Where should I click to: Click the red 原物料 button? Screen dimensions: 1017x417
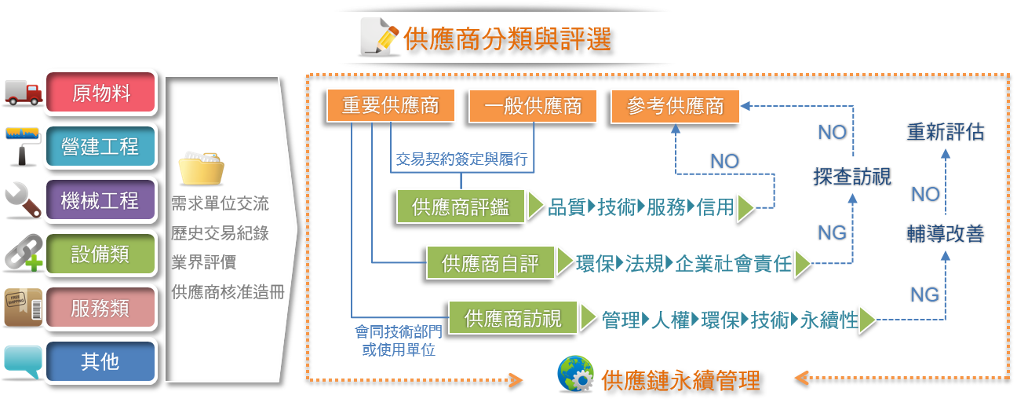[100, 93]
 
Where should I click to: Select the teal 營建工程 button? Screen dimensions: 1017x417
[100, 146]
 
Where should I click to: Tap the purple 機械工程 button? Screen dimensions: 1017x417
[100, 200]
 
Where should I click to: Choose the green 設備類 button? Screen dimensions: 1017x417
[100, 254]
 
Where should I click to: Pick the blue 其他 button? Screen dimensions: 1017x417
[100, 361]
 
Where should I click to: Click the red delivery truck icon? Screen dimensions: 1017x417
[24, 93]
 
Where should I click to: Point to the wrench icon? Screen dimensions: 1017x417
[23, 200]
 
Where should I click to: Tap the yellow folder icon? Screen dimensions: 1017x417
[201, 168]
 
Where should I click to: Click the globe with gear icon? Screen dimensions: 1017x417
[576, 374]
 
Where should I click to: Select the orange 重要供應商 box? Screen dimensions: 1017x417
[391, 105]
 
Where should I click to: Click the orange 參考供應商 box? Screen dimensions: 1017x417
[675, 106]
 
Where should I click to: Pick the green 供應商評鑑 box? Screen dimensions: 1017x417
[461, 207]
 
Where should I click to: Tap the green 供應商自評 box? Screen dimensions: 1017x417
[490, 263]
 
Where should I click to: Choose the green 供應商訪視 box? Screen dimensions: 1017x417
[513, 318]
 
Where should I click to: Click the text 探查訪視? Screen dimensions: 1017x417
[852, 176]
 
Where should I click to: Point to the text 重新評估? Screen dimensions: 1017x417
[946, 132]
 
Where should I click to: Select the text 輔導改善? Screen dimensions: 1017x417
[946, 233]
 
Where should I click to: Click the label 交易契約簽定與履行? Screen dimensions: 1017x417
[461, 159]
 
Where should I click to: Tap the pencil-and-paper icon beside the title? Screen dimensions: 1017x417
[379, 36]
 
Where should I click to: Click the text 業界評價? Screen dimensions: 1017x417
[204, 262]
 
